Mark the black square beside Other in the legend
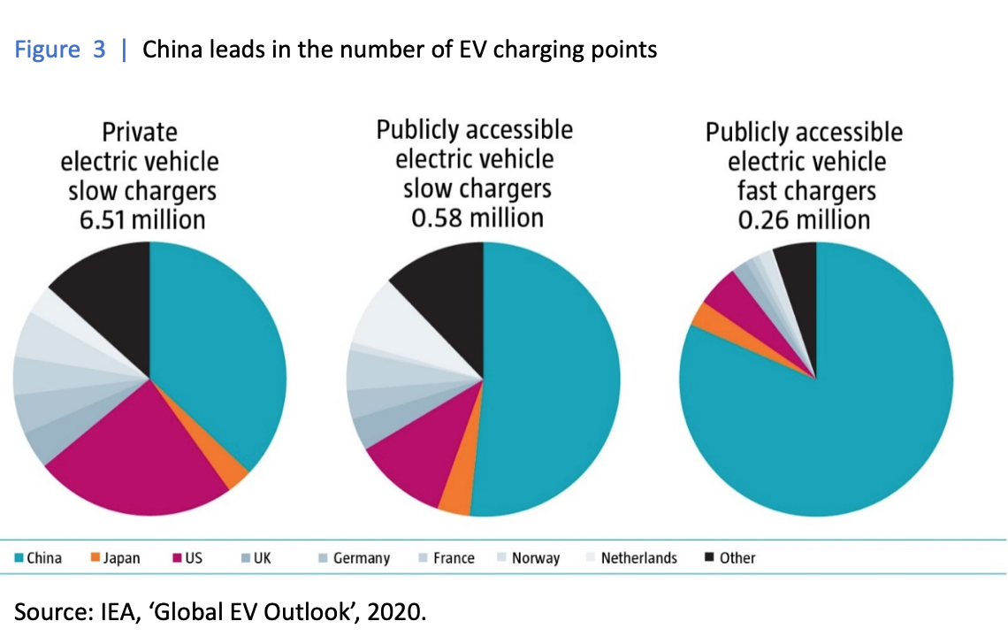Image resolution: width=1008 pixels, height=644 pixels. pos(709,557)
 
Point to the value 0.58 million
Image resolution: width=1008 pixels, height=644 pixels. pos(477,217)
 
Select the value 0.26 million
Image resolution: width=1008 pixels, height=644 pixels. pos(804,219)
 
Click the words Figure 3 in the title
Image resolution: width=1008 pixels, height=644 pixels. pos(61,50)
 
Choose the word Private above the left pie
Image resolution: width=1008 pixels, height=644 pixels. pos(140,133)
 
